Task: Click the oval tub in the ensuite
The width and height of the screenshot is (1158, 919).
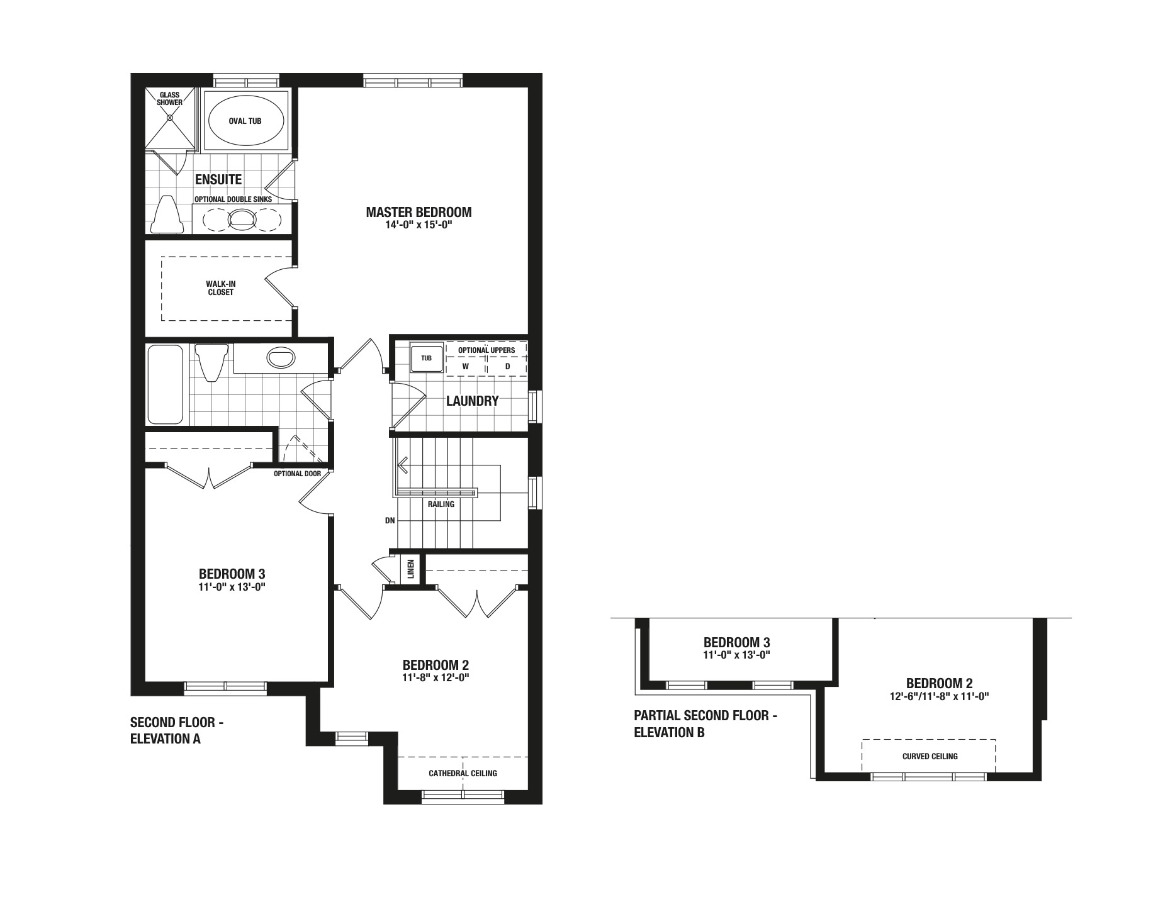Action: tap(245, 121)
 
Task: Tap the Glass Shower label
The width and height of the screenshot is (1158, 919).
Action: tap(170, 99)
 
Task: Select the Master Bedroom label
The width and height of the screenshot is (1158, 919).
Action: tap(419, 212)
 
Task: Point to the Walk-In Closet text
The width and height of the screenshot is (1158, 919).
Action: tap(221, 288)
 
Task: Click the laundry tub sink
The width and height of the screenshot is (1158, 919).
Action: tap(427, 358)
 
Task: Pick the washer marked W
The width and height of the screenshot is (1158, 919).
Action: tap(466, 366)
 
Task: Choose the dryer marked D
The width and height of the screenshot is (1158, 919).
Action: tap(507, 366)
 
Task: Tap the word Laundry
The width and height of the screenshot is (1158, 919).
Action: tap(472, 401)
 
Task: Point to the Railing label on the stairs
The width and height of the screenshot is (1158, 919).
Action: tap(441, 504)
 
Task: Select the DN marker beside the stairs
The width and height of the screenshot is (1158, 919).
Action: tap(390, 521)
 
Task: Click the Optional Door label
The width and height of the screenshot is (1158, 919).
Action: tap(297, 474)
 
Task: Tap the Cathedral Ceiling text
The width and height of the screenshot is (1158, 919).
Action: tap(463, 773)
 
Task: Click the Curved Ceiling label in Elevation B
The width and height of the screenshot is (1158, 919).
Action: tap(930, 756)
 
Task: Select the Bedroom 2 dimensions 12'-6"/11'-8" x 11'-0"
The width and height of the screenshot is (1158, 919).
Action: tap(939, 696)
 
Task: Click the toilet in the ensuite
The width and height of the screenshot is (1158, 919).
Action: tap(167, 214)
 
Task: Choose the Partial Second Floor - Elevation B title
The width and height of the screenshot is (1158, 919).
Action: tap(705, 723)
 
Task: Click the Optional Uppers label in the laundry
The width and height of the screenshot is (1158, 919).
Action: tap(486, 350)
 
